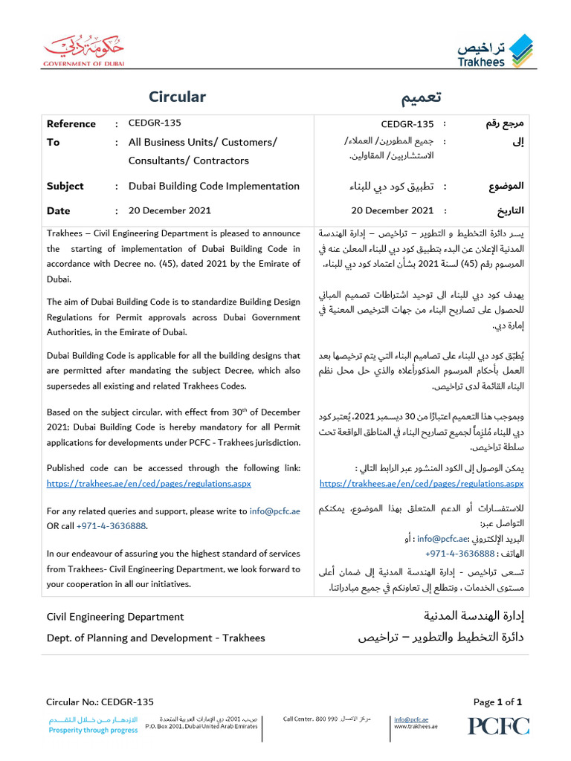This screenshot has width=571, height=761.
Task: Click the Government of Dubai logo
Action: click(83, 51)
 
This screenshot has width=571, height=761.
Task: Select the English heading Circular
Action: click(177, 97)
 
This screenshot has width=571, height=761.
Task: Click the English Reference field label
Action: click(71, 124)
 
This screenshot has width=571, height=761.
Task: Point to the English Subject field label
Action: click(65, 187)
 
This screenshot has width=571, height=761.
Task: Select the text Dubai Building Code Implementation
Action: click(214, 187)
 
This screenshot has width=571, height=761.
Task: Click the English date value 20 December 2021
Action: click(170, 211)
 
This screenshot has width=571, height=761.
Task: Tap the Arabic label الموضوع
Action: click(506, 187)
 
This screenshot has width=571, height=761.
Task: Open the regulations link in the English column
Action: click(149, 484)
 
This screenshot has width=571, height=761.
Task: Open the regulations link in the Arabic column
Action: click(421, 484)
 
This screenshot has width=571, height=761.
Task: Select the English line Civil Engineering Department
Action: click(115, 617)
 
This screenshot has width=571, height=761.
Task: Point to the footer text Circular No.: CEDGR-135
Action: click(100, 702)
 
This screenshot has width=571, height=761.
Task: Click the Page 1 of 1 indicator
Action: click(497, 702)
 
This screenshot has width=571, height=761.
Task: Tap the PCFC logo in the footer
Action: click(498, 725)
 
